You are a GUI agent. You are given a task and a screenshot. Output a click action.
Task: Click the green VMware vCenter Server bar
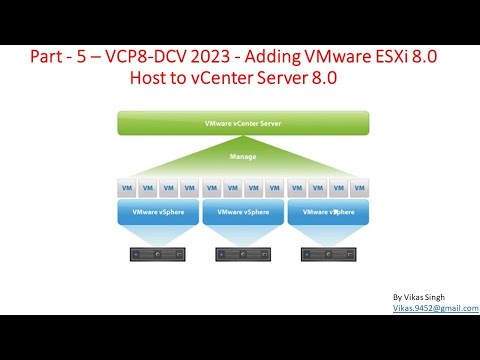[244, 123]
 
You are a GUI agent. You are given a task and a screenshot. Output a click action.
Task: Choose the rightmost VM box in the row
[359, 187]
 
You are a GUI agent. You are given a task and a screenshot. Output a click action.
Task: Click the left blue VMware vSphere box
[157, 212]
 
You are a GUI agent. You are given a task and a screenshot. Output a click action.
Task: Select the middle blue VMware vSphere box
[244, 212]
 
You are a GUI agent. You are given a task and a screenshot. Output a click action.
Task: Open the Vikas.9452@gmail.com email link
[434, 309]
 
